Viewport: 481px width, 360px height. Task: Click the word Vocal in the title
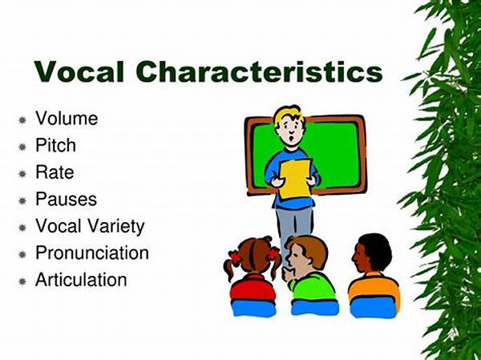point(79,71)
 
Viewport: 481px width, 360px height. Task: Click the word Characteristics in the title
point(259,71)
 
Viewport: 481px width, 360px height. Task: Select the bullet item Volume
point(67,118)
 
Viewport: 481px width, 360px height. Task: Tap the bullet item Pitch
point(55,145)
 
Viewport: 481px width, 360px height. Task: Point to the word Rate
point(55,172)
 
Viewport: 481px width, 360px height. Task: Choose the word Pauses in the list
point(66,199)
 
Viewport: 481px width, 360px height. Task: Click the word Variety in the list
point(116,226)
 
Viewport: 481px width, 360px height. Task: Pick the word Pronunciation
point(92,253)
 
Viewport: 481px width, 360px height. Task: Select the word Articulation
point(81,280)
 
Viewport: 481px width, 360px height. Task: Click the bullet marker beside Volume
point(22,119)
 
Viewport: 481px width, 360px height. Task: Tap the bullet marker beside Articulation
point(22,281)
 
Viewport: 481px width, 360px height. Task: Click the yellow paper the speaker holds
point(295,179)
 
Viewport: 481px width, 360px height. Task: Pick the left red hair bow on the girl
point(236,257)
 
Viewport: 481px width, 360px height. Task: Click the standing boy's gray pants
point(294,226)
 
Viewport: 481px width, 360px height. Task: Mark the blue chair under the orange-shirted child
point(374,308)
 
